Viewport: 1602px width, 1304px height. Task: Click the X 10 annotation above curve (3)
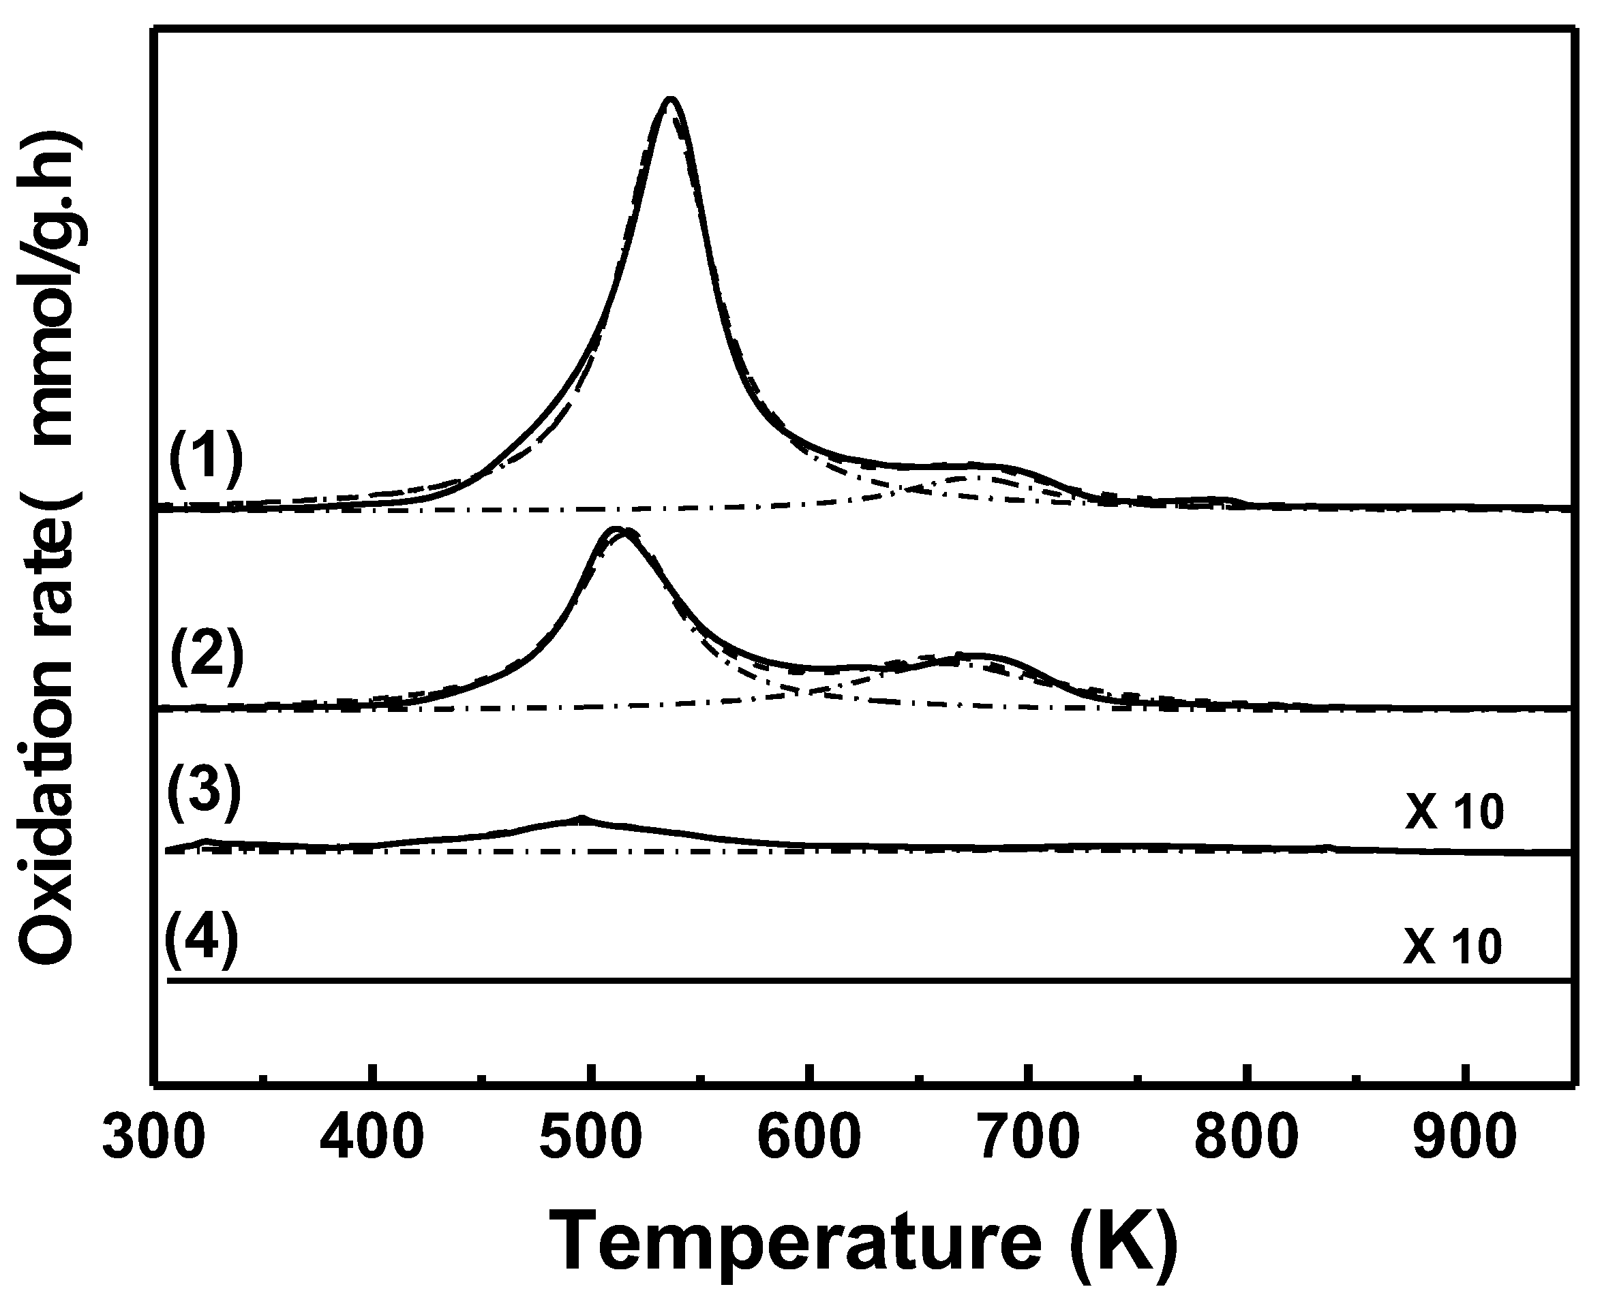(x=1454, y=813)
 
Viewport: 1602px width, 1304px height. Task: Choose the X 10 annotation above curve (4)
(x=1453, y=946)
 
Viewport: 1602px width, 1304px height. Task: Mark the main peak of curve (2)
(x=615, y=529)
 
